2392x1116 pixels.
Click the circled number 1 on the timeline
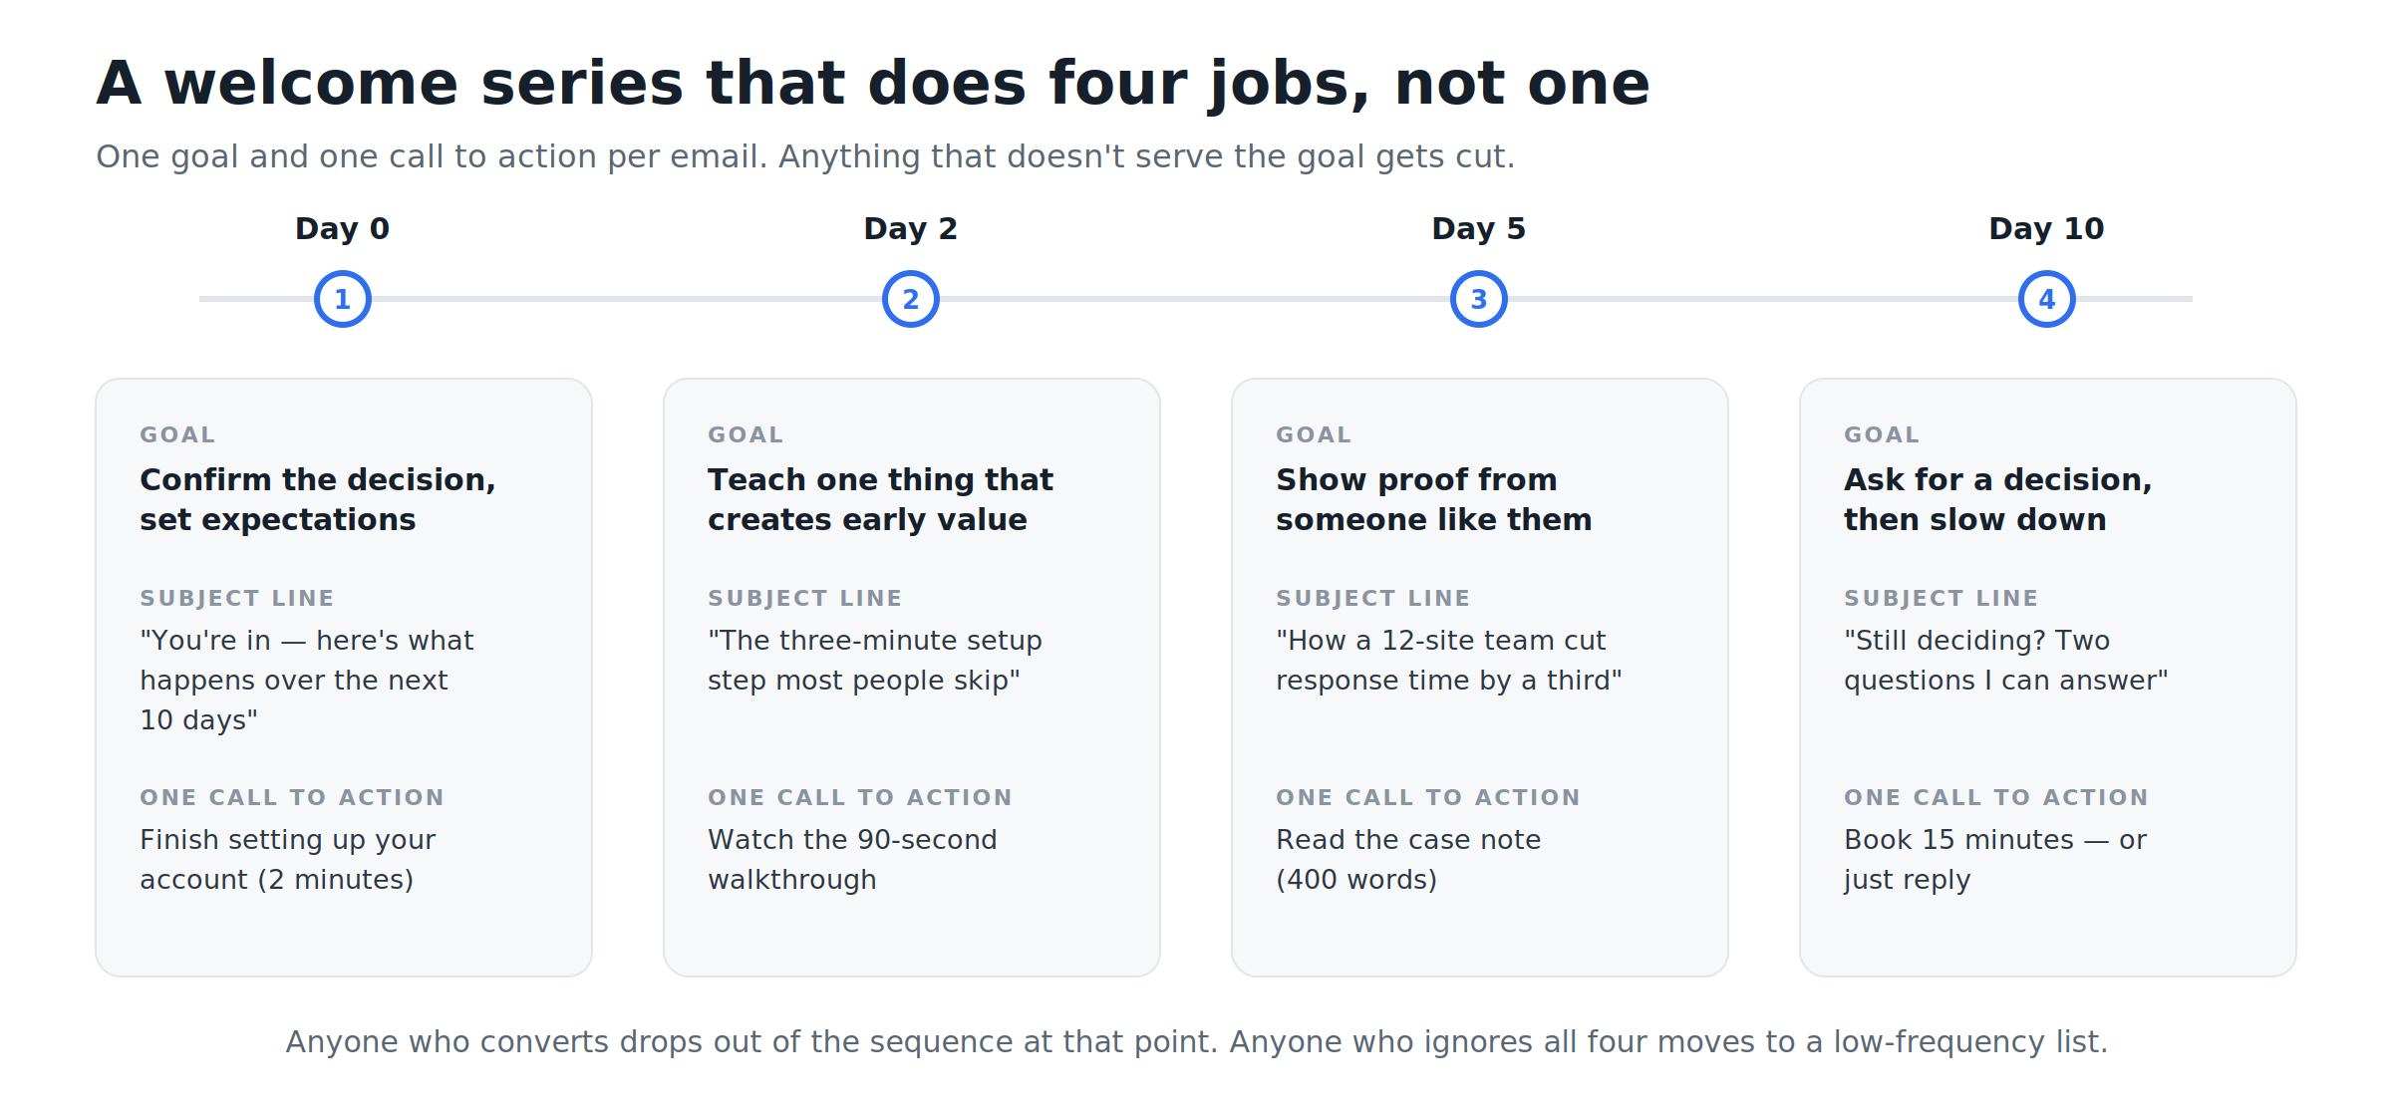(343, 299)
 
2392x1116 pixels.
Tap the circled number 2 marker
(911, 299)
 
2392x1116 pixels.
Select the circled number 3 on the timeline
(1479, 299)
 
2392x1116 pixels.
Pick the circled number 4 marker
(2047, 299)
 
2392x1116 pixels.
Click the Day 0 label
(343, 229)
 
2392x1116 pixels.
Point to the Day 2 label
(911, 229)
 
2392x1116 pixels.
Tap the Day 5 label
(1479, 229)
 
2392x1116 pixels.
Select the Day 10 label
(2047, 229)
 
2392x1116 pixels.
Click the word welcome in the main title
(311, 83)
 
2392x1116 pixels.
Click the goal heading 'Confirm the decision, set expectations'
(318, 499)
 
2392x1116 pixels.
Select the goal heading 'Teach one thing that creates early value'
(880, 499)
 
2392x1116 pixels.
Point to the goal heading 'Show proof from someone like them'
(1433, 499)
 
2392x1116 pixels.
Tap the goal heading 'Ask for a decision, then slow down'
(1997, 499)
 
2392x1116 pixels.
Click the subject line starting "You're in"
(307, 680)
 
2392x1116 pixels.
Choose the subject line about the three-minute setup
(875, 660)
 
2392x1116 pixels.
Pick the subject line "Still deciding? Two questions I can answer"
(2005, 660)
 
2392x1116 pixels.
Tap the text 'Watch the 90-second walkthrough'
(852, 859)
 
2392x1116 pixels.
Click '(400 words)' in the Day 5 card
(1356, 880)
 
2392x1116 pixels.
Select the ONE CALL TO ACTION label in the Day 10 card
(1995, 797)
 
